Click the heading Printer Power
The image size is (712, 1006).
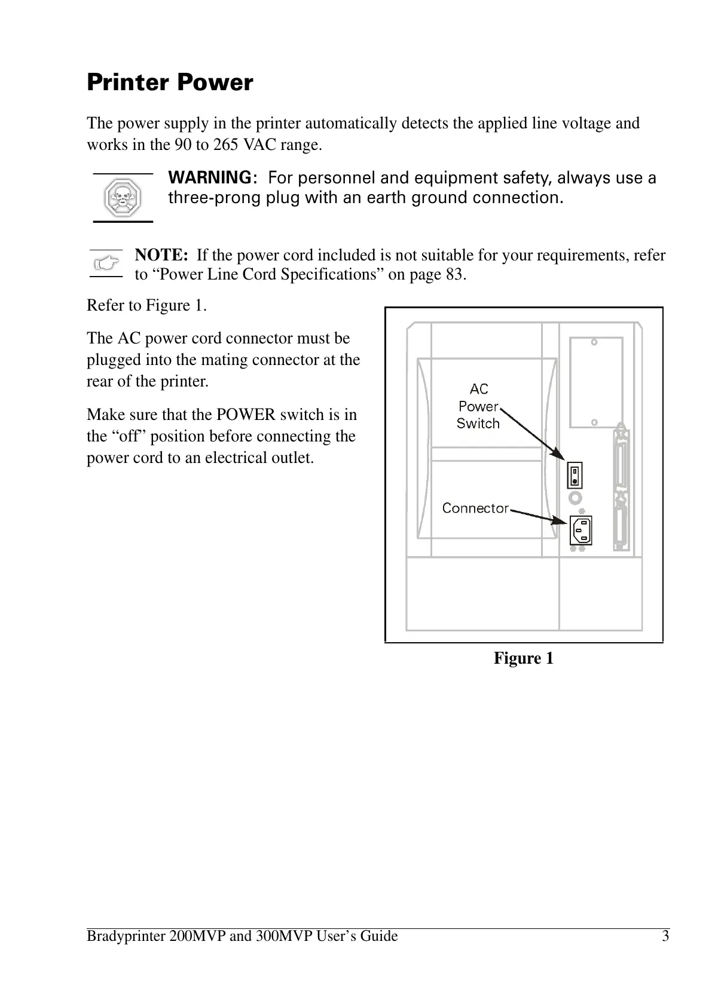click(170, 82)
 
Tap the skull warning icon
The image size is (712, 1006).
click(123, 198)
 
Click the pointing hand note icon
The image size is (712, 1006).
click(106, 263)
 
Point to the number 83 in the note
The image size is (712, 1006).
click(454, 275)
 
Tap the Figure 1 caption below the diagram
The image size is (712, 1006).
click(523, 658)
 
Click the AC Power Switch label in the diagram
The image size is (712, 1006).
click(478, 406)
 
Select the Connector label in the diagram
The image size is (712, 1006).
click(475, 508)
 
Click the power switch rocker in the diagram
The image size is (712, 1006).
click(575, 475)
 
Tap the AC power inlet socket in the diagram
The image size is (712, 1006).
click(580, 529)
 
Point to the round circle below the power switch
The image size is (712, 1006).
click(575, 497)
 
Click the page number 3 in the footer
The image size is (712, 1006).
click(665, 936)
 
